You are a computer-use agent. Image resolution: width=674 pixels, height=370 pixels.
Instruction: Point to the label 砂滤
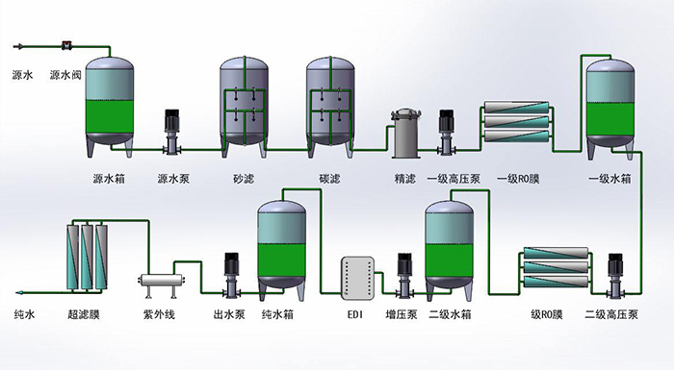pyautogui.click(x=244, y=179)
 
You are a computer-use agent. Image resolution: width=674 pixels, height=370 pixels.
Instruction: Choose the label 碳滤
pyautogui.click(x=330, y=179)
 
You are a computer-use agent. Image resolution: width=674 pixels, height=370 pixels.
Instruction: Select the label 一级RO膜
pyautogui.click(x=519, y=179)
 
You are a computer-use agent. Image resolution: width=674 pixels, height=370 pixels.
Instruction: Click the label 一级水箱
pyautogui.click(x=609, y=179)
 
